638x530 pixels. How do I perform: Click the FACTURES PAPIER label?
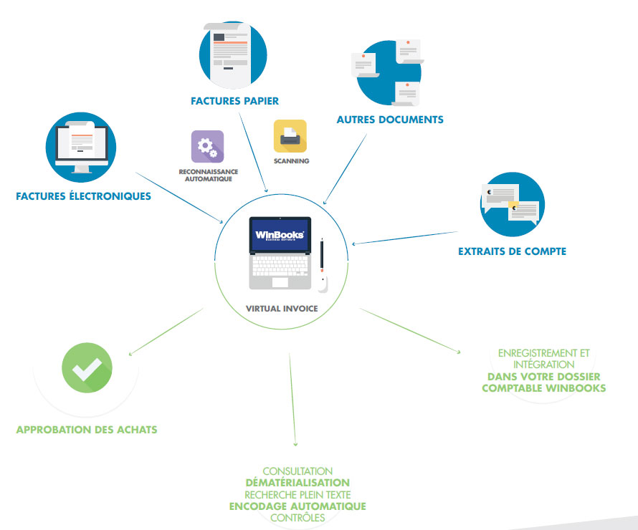234,101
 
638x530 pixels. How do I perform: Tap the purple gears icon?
207,147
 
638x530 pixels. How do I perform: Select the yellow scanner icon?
290,136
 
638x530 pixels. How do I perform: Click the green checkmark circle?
86,368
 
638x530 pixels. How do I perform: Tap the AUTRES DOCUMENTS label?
390,120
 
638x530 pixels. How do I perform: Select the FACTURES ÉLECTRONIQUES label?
84,196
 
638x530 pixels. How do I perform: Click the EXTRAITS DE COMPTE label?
513,251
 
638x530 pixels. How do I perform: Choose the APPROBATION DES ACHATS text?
86,430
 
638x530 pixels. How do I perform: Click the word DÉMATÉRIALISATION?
297,483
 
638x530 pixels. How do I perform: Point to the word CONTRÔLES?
297,518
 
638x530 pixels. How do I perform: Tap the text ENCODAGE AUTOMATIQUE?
297,506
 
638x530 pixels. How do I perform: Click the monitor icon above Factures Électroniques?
80,148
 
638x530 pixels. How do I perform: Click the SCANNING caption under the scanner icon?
291,162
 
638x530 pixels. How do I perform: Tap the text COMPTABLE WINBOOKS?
543,388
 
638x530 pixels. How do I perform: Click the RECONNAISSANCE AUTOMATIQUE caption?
209,175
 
